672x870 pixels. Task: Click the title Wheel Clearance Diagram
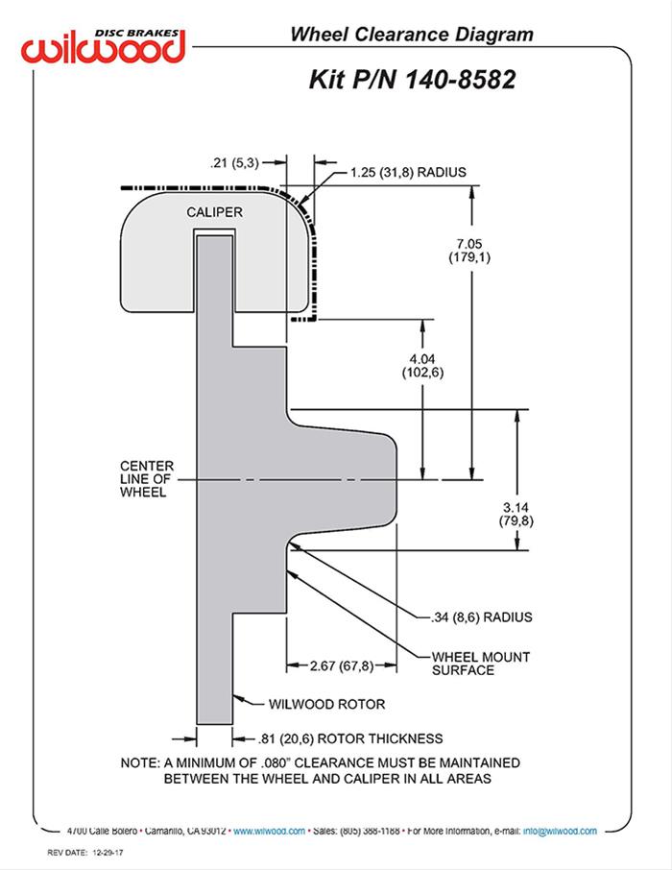[412, 35]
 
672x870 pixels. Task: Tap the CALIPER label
[214, 210]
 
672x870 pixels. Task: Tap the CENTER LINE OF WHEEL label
[143, 476]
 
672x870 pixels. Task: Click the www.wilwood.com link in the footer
[270, 831]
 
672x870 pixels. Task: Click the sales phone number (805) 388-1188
[372, 831]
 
